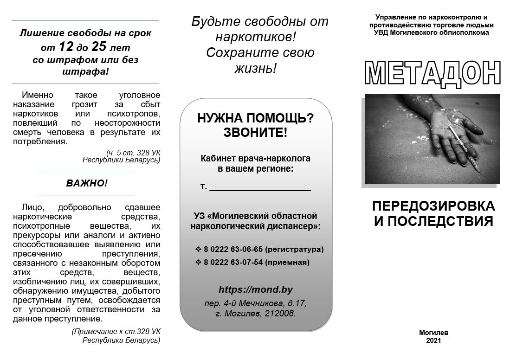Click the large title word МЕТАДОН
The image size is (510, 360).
pos(433,73)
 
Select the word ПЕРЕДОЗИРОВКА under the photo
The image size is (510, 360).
pos(433,206)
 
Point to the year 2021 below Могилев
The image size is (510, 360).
pos(433,341)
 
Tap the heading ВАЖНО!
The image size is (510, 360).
pos(86,183)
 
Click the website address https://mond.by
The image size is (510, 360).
pos(256,289)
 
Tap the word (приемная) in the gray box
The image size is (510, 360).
pos(287,263)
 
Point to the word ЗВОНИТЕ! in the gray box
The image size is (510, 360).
pos(255,133)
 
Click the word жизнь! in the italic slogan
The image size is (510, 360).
pos(255,69)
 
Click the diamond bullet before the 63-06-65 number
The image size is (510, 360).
pos(199,249)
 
